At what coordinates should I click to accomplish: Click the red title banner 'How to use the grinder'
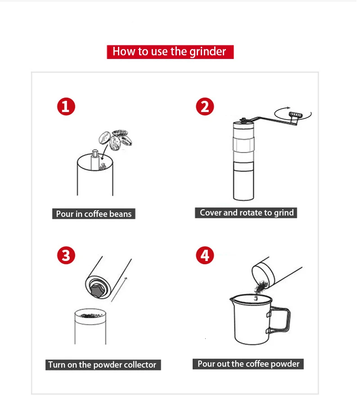pos(170,52)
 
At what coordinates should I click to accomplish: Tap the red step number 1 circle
pos(66,106)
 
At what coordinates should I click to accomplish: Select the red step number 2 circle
pos(205,106)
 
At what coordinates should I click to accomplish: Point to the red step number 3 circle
pos(66,255)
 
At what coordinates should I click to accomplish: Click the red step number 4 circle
pos(205,255)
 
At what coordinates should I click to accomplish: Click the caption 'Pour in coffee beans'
pos(94,214)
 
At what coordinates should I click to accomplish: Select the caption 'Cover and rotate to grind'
pos(246,212)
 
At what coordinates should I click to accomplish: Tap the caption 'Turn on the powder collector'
pos(103,364)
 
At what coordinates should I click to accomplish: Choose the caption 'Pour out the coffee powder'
pos(248,364)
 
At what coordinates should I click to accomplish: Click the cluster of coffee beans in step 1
pos(116,140)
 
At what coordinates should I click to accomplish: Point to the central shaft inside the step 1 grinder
pos(95,160)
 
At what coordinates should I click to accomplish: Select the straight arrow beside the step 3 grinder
pos(119,289)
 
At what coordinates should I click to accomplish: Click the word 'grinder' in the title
pos(208,52)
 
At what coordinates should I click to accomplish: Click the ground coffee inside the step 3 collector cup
pos(90,315)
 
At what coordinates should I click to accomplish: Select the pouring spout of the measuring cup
pos(232,300)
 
